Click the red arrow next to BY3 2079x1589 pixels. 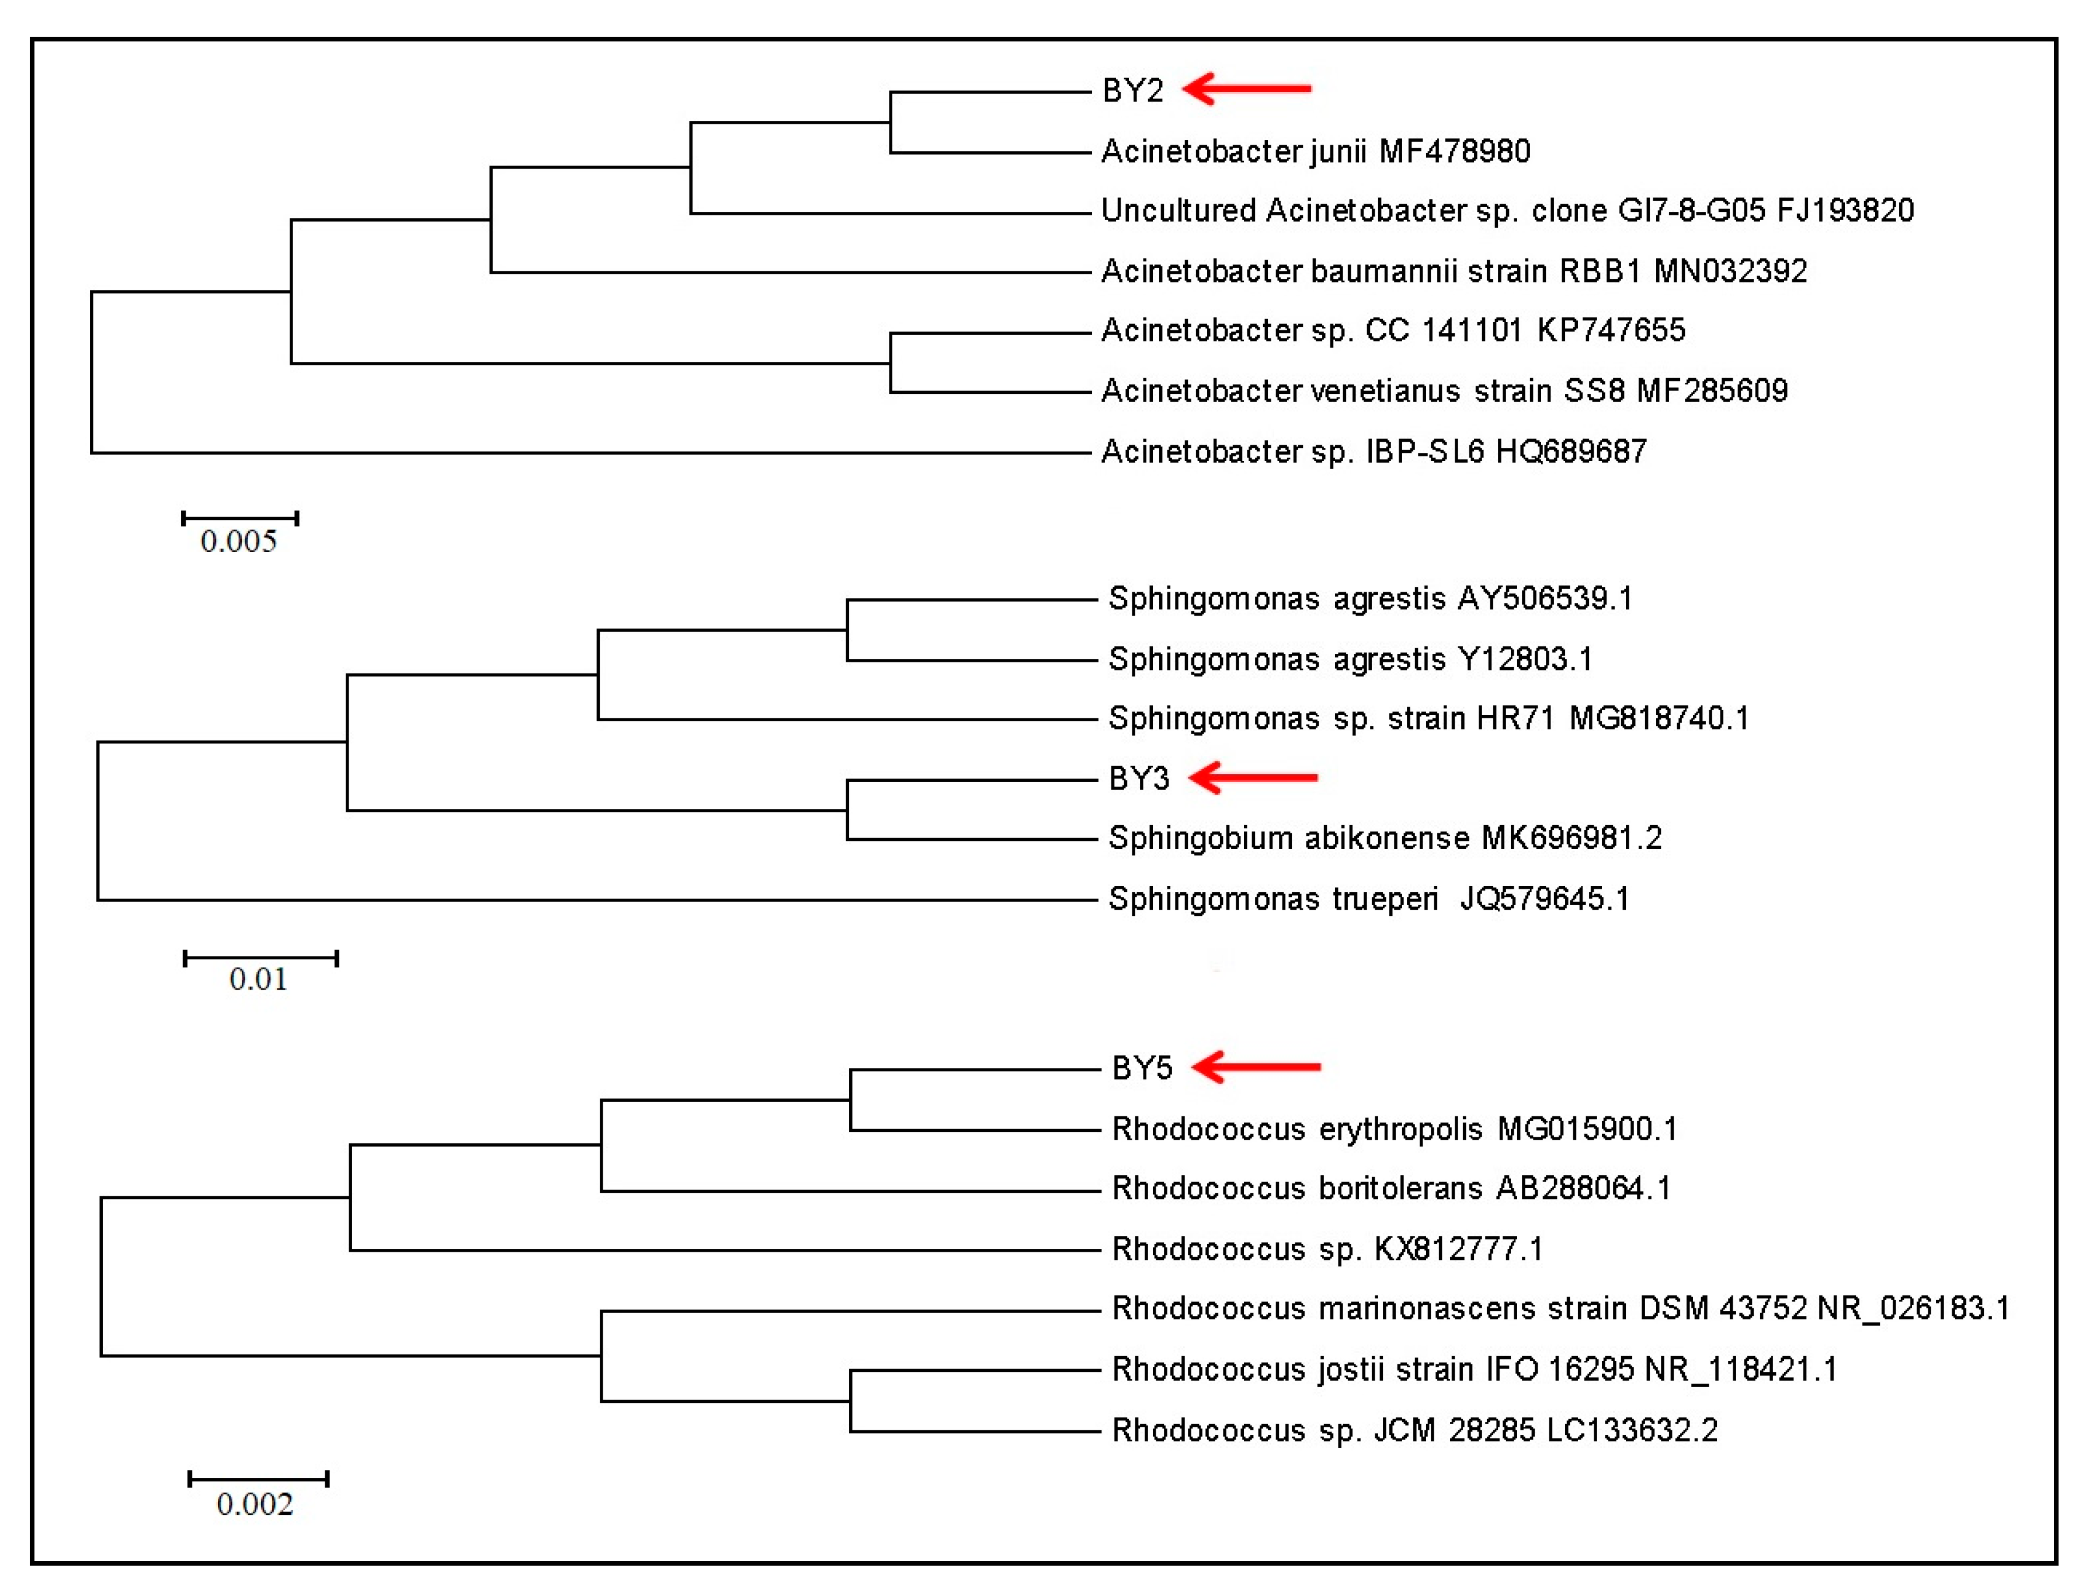coord(1252,777)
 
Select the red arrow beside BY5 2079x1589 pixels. coord(1256,1067)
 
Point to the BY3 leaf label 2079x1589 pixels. coord(1138,778)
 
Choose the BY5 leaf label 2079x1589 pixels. coord(1141,1068)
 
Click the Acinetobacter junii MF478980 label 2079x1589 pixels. coord(1315,151)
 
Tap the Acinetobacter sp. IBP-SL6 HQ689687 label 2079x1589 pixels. coord(1373,451)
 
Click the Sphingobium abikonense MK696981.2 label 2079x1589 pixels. coord(1385,838)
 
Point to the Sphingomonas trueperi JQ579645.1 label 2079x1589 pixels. coord(1368,899)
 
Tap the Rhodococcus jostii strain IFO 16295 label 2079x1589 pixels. coord(1473,1368)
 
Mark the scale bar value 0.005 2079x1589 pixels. coord(238,541)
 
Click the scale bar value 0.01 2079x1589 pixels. coord(258,979)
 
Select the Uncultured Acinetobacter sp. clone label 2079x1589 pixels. coord(1507,210)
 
